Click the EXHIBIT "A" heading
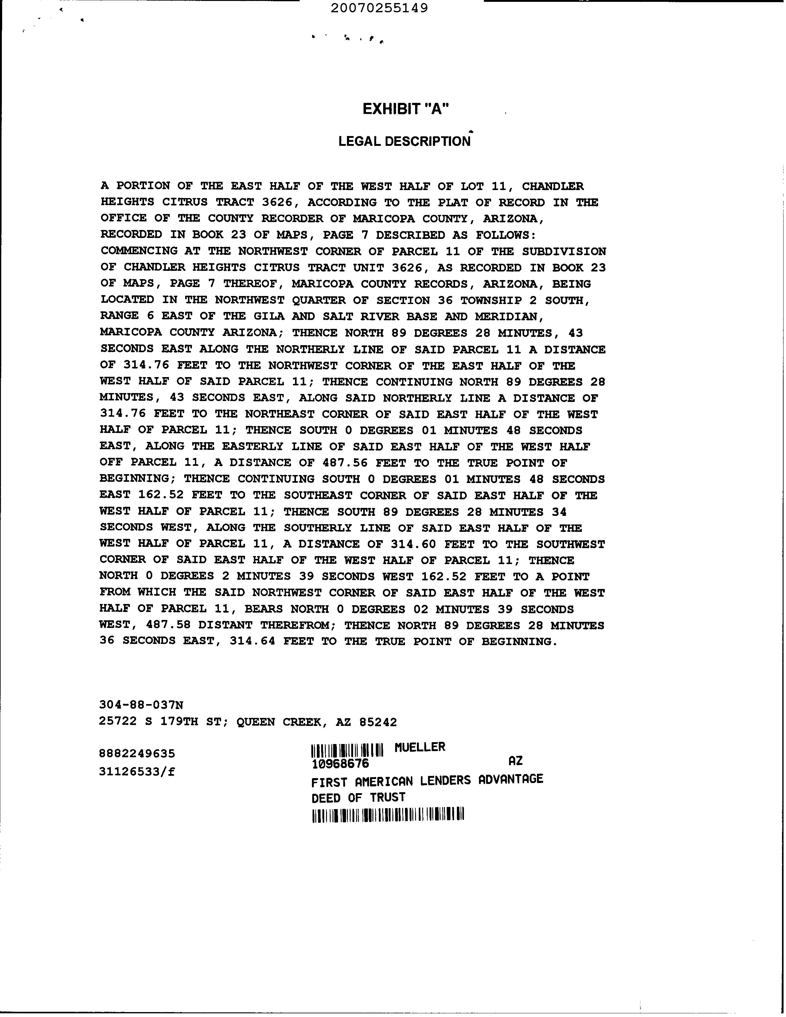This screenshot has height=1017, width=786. point(406,109)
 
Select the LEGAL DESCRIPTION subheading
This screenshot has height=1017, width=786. point(404,141)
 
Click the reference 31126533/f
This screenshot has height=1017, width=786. point(137,772)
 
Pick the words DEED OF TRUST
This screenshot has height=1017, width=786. point(358,798)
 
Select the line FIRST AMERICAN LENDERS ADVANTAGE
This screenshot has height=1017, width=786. point(427,780)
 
